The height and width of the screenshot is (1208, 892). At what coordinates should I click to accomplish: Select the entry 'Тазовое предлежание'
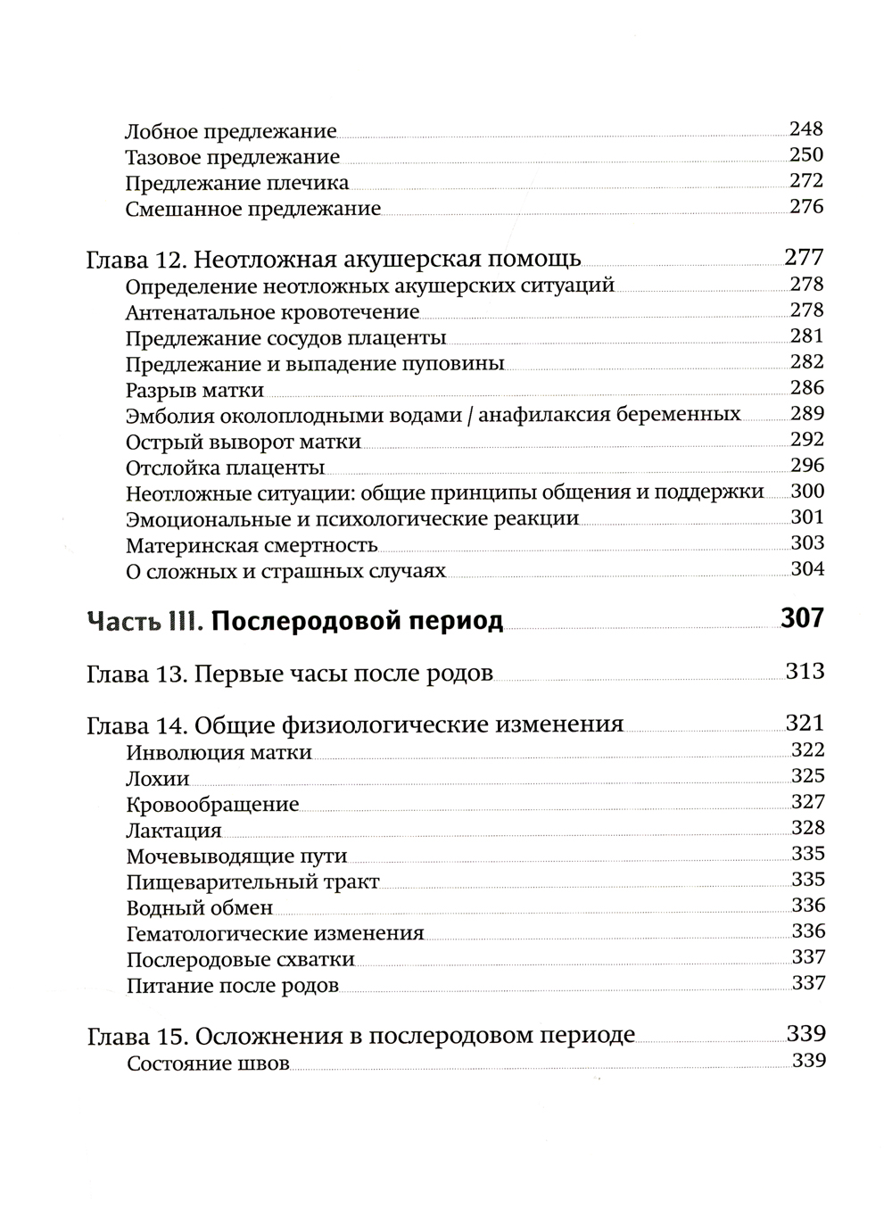[232, 158]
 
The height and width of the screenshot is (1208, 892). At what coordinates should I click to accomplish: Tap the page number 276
[806, 207]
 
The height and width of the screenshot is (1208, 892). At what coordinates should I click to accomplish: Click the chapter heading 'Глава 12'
[334, 260]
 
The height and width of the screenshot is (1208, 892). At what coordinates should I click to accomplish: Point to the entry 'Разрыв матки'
[194, 390]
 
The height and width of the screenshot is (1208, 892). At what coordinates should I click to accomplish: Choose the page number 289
[807, 413]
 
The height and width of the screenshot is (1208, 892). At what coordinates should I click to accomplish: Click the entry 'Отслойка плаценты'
[225, 467]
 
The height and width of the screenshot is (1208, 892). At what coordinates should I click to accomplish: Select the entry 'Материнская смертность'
[252, 545]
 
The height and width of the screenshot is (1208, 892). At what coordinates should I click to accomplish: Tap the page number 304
[807, 569]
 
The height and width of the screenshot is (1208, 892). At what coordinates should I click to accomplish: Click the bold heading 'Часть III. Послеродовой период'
[294, 620]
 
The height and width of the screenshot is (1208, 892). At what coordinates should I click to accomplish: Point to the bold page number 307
[802, 617]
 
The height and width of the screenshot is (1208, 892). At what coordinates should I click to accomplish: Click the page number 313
[805, 672]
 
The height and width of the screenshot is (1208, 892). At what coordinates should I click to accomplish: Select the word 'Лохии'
[158, 778]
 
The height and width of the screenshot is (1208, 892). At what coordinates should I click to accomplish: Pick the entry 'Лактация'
[174, 831]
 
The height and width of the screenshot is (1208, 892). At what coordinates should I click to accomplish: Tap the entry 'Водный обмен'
[199, 908]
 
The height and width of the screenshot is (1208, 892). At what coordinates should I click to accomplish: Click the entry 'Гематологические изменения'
[275, 934]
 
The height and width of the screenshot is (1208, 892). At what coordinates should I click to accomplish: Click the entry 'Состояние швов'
[208, 1063]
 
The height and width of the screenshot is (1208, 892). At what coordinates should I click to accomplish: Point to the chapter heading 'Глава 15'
[360, 1036]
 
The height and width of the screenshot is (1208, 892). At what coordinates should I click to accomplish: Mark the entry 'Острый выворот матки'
[243, 442]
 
